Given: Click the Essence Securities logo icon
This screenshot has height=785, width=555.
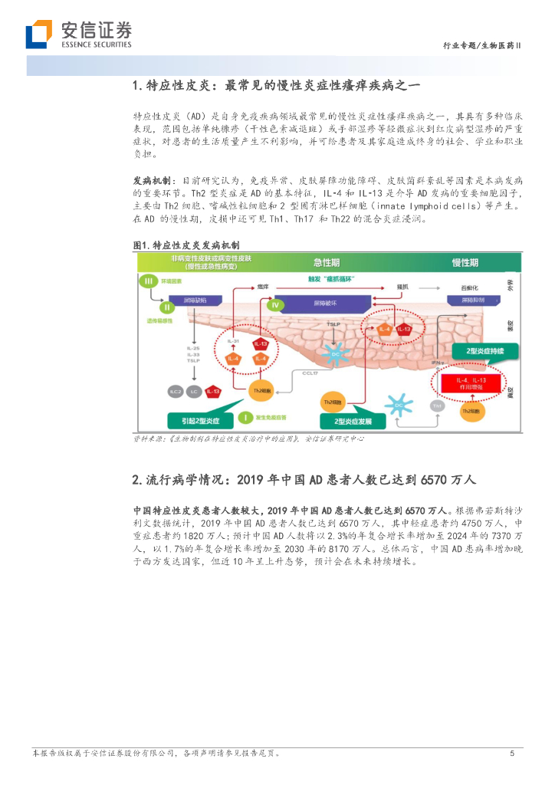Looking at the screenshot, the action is pyautogui.click(x=39, y=34).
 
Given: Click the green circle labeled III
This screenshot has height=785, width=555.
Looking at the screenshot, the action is pyautogui.click(x=149, y=282).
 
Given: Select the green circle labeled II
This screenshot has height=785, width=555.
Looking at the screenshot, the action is pyautogui.click(x=164, y=307).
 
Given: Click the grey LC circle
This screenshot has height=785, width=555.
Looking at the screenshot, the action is pyautogui.click(x=195, y=392).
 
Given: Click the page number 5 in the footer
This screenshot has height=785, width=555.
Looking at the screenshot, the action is pyautogui.click(x=512, y=754).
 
